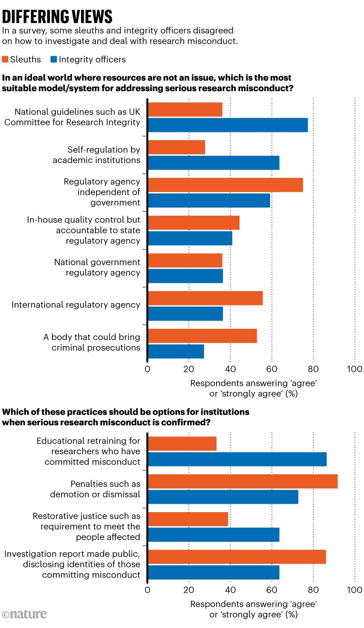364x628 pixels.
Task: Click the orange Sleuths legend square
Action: [6, 60]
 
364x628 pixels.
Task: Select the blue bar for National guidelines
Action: [227, 125]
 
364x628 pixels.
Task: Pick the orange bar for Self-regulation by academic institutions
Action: [176, 147]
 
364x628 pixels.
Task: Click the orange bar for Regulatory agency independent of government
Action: [225, 185]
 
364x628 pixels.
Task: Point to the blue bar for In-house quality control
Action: [190, 239]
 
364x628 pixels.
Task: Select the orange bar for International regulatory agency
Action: [205, 298]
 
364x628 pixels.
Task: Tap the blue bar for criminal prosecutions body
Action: [176, 352]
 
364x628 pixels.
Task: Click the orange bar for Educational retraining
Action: [182, 444]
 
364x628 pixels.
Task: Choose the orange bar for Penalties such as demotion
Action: [242, 482]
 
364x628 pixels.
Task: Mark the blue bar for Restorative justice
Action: [213, 534]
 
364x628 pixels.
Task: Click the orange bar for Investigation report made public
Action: [237, 557]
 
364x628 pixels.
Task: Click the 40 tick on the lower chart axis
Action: [230, 590]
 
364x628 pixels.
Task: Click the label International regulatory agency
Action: [76, 305]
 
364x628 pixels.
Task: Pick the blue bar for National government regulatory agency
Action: [185, 276]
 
